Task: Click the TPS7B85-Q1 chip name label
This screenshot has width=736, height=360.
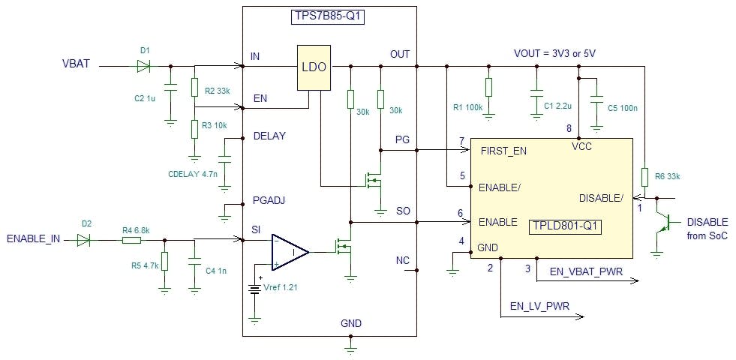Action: click(x=328, y=17)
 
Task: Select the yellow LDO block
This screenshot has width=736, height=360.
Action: click(x=313, y=67)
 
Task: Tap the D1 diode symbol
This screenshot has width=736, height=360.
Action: click(x=143, y=66)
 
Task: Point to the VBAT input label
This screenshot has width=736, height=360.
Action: click(x=76, y=64)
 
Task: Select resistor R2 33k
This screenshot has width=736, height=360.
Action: click(x=194, y=88)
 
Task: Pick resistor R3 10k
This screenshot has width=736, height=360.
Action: click(x=194, y=128)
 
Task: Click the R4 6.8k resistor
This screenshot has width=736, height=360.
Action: click(x=131, y=240)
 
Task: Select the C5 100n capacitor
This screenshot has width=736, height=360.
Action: click(x=596, y=100)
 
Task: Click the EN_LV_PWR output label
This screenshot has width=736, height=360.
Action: click(x=539, y=305)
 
